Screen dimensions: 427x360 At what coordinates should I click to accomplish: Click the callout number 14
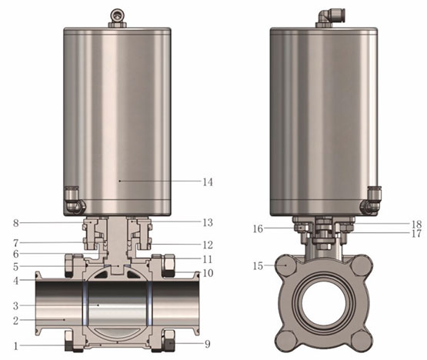pos(208,182)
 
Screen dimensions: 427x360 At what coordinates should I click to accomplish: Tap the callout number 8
pos(16,223)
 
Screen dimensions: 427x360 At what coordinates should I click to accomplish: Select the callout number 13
pos(208,222)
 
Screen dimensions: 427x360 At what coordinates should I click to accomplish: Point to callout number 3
pos(16,306)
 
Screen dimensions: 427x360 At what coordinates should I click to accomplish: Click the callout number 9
pos(208,344)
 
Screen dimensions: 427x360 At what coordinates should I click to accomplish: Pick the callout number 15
pos(259,266)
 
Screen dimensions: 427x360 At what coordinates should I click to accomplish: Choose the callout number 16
pos(259,228)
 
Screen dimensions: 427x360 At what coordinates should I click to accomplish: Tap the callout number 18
pos(416,225)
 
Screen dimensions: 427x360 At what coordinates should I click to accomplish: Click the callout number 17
pos(416,234)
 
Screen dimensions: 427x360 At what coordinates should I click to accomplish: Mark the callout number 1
pos(16,346)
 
